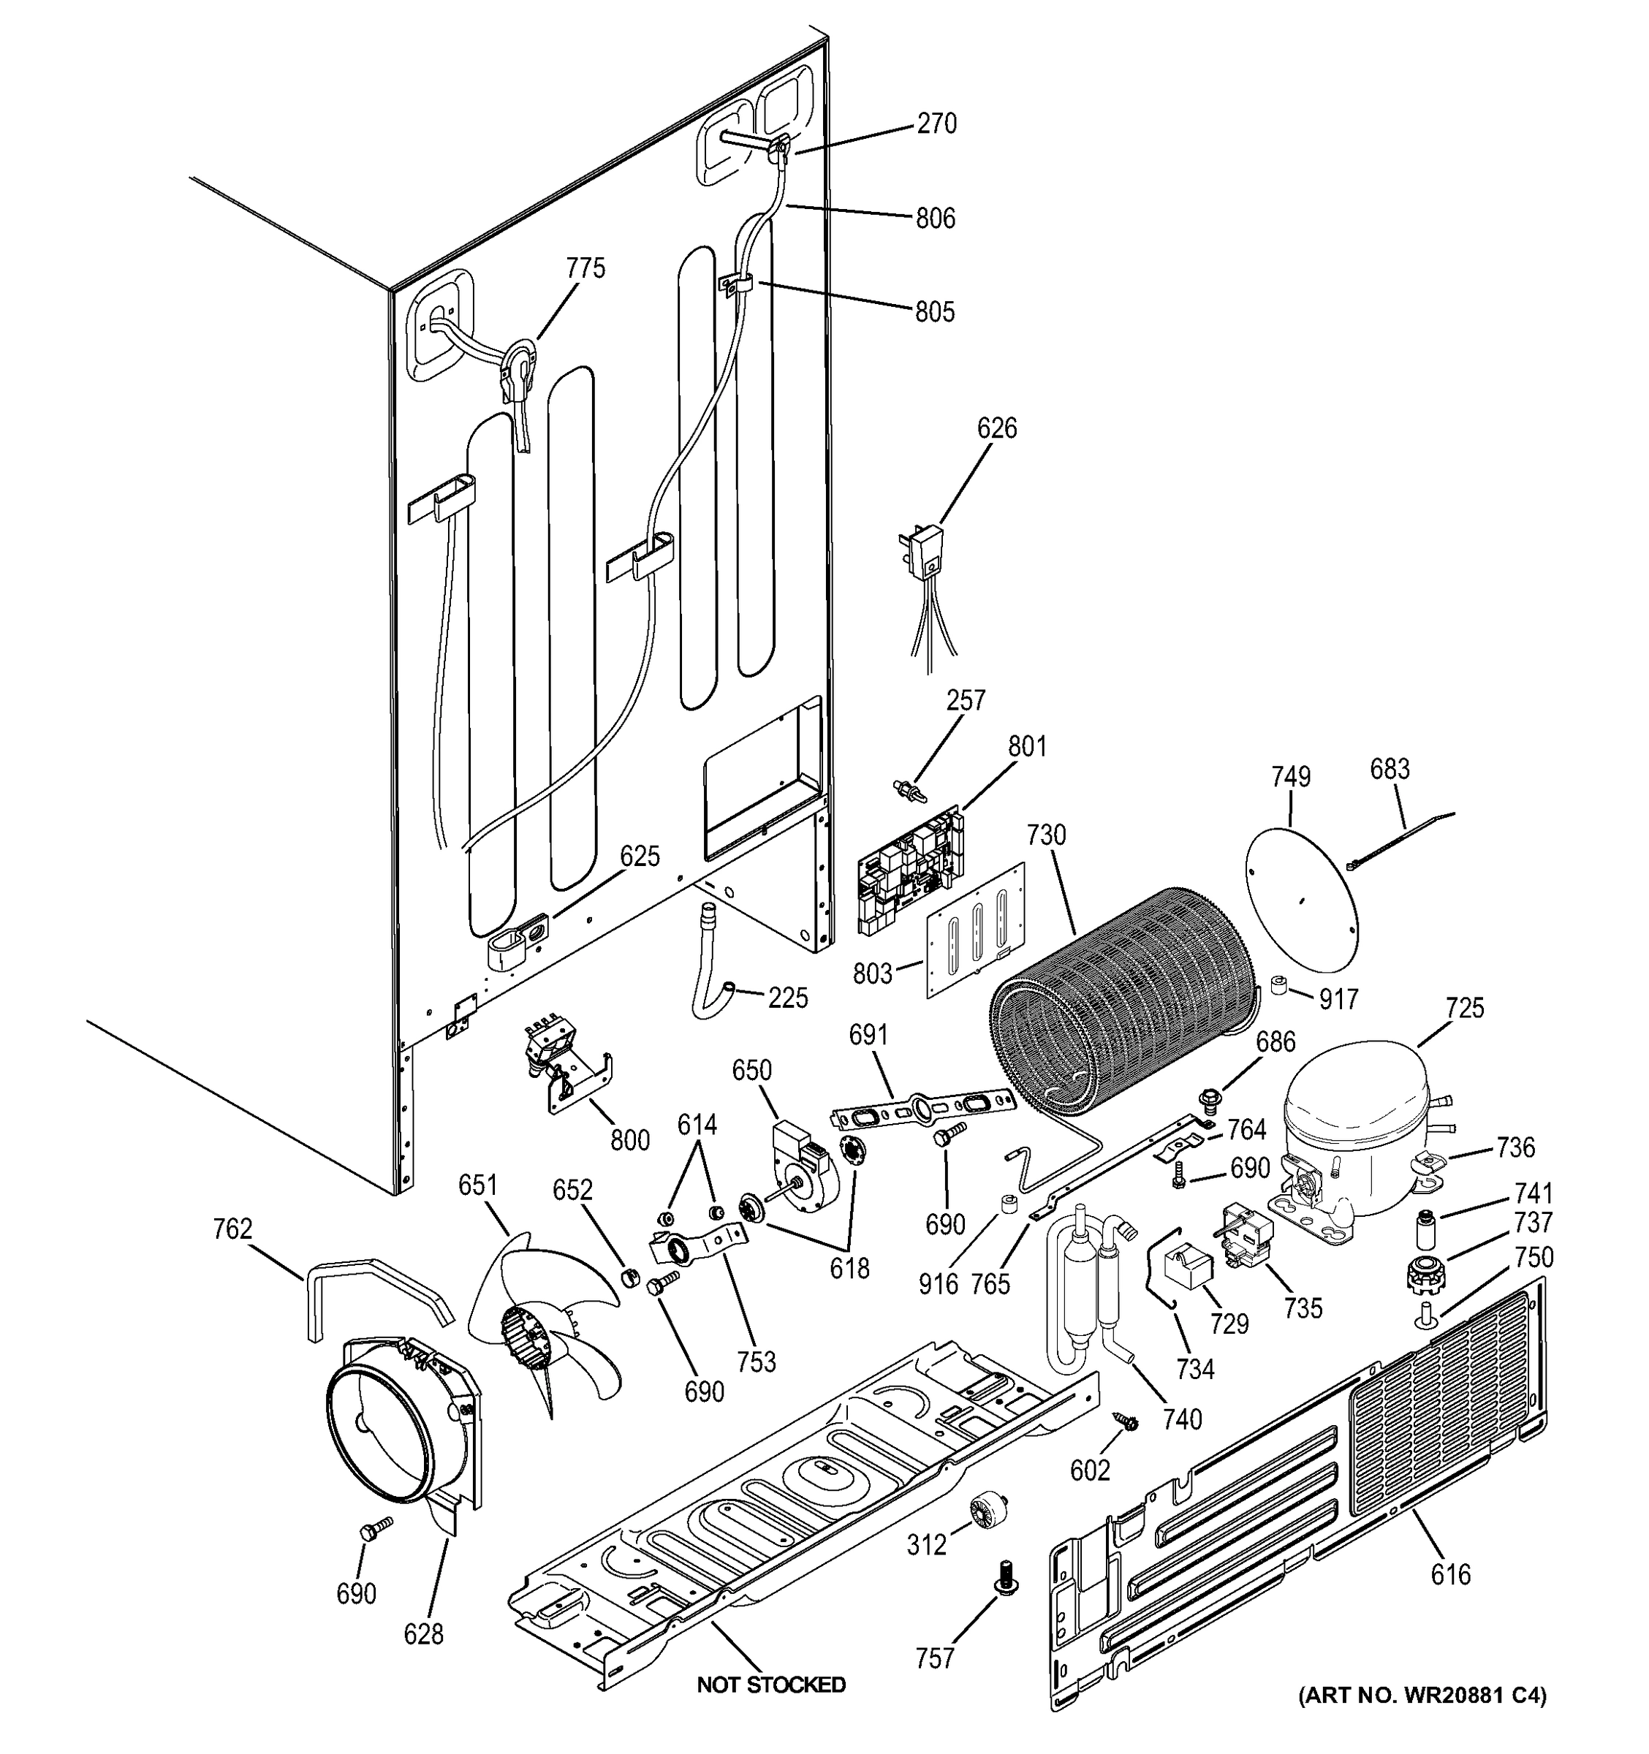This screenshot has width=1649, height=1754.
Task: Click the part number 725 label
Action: click(x=1466, y=1008)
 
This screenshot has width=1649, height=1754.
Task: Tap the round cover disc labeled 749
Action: click(x=1301, y=893)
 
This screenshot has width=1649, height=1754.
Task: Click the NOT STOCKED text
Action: click(x=771, y=1685)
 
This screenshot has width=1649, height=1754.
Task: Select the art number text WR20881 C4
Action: click(x=1422, y=1695)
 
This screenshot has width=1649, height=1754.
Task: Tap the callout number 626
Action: click(x=997, y=428)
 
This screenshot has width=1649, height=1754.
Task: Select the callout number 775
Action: click(x=585, y=268)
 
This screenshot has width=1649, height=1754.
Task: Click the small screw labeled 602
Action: click(x=1126, y=1421)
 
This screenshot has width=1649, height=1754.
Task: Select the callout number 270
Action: click(x=936, y=124)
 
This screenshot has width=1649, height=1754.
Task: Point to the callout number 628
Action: click(x=423, y=1634)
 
